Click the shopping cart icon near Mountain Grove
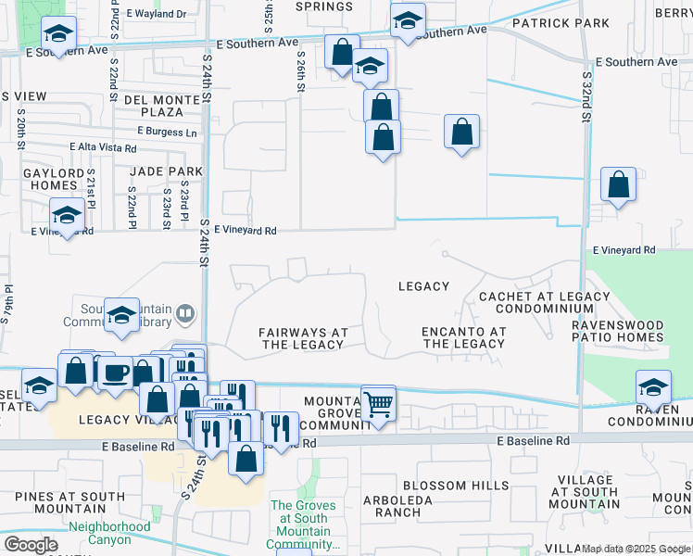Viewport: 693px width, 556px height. pos(378,404)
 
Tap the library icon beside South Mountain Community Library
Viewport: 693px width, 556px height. pos(185,313)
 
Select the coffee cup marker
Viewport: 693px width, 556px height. pos(115,373)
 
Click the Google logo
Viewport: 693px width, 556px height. pos(31,545)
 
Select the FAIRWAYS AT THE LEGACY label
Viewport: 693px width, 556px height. pos(303,338)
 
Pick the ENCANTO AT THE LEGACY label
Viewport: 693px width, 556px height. pos(463,337)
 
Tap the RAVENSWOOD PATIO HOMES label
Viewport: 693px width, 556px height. pos(618,331)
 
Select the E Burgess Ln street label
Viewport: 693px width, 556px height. pos(168,133)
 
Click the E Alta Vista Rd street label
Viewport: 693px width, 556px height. pos(103,147)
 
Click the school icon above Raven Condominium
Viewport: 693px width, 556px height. pos(653,386)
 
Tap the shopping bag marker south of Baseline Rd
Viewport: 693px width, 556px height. pos(246,458)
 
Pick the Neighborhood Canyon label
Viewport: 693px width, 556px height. pos(109,533)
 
